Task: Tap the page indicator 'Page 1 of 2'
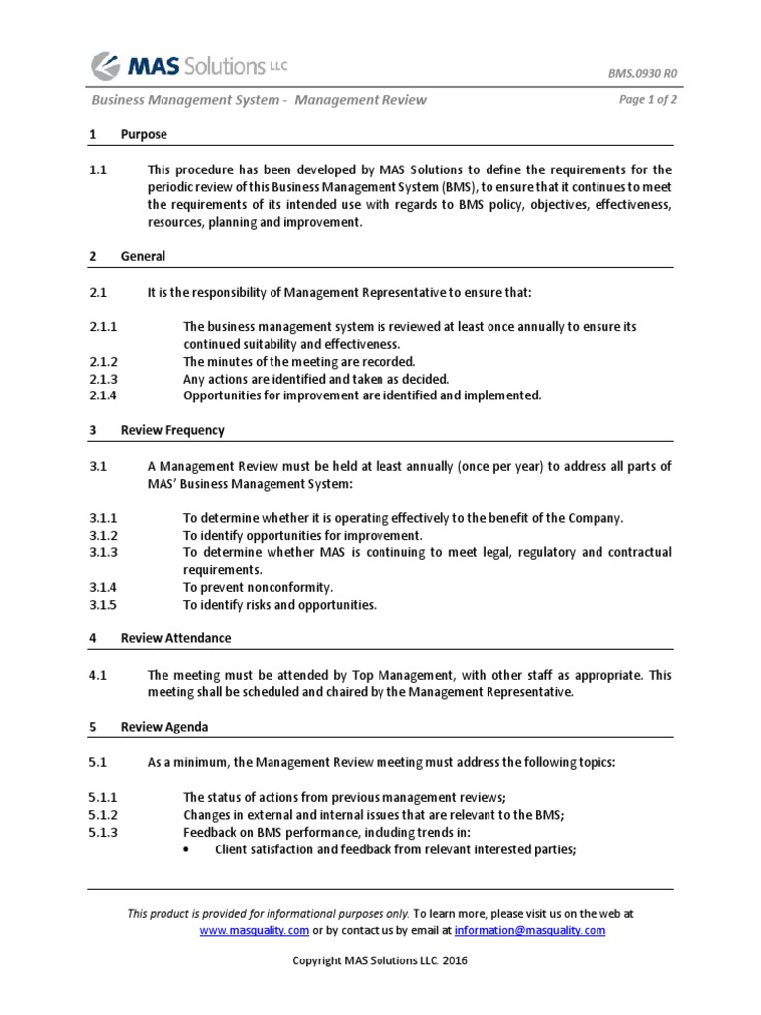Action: coord(648,99)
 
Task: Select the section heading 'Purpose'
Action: coord(144,134)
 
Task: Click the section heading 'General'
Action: coord(143,256)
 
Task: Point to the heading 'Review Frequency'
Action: coord(172,430)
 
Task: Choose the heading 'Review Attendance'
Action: coord(175,639)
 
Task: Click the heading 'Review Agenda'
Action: coord(164,727)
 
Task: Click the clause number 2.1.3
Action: coord(103,379)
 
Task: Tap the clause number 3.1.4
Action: coord(103,587)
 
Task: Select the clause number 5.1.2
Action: coord(103,814)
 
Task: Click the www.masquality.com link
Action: coord(255,931)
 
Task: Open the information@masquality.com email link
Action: coord(530,931)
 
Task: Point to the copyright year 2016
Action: coord(456,961)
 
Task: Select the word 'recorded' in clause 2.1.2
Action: coord(388,362)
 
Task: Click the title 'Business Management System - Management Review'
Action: coord(259,99)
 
